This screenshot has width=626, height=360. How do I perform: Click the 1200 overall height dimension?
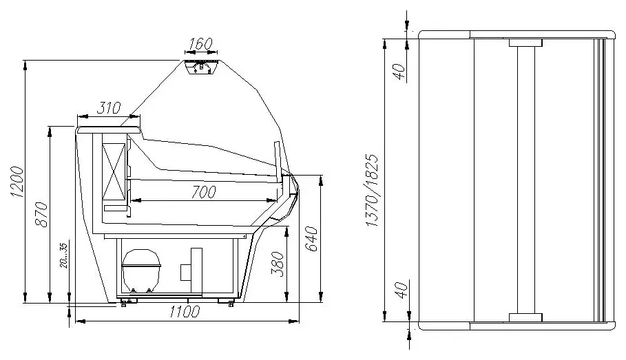[17, 182]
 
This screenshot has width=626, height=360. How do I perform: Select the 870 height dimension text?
[41, 215]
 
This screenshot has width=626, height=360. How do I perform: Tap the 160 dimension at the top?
[201, 43]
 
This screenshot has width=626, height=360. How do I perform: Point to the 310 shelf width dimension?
[109, 108]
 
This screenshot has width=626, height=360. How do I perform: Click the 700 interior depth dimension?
[203, 192]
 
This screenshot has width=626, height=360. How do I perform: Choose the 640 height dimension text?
[311, 239]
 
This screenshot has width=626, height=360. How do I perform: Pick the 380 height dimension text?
[278, 264]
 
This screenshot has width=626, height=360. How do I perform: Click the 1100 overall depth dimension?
[184, 312]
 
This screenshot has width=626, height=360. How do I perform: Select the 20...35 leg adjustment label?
[64, 255]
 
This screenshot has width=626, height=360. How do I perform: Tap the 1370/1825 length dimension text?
[372, 191]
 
